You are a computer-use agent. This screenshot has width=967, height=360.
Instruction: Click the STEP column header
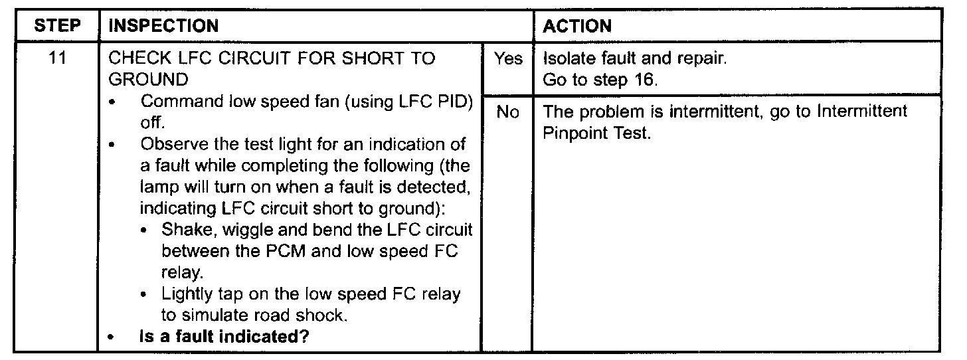tap(56, 27)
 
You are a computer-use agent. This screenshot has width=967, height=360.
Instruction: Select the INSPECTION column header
tap(163, 27)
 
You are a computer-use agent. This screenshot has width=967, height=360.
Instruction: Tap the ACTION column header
tap(577, 27)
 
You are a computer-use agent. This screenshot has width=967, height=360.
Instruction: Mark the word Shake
tap(183, 230)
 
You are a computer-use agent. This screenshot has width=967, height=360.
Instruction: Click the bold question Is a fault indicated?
tap(224, 337)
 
